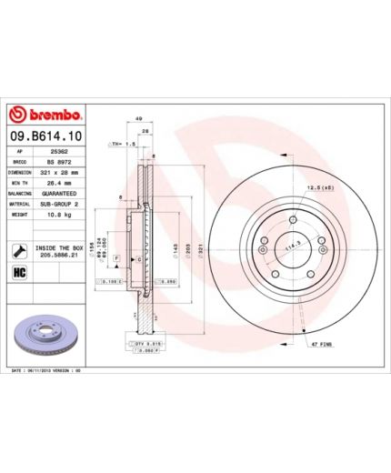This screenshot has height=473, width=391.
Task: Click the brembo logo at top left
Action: tap(45, 116)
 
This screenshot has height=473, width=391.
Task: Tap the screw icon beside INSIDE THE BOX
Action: tap(19, 250)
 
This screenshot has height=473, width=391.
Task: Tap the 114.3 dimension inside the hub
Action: tap(292, 246)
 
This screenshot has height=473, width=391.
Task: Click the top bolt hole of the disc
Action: tap(291, 216)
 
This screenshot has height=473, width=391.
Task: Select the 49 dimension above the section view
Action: tap(138, 118)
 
